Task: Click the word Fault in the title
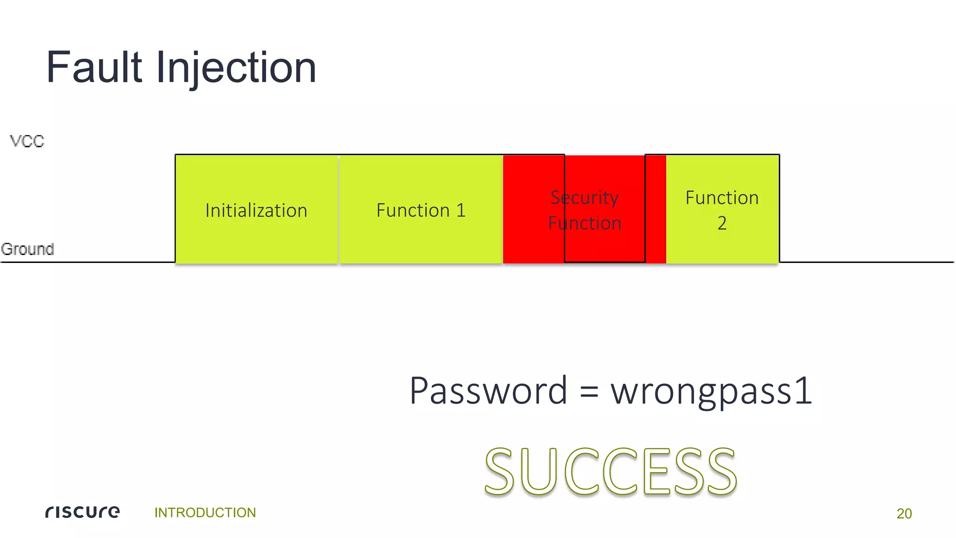tap(94, 68)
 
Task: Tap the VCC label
tap(27, 141)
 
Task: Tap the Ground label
tap(28, 249)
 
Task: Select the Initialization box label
tap(256, 211)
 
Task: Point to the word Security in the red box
tap(584, 198)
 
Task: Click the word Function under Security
tap(584, 223)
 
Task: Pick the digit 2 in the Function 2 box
tap(722, 223)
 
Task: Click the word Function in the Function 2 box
tap(722, 198)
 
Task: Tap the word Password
tap(488, 390)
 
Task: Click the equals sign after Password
tap(589, 391)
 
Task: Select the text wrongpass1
tap(711, 391)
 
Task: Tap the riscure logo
tap(83, 512)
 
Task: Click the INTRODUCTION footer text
tap(205, 512)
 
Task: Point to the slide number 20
tap(904, 513)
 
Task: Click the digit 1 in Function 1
tap(461, 211)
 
